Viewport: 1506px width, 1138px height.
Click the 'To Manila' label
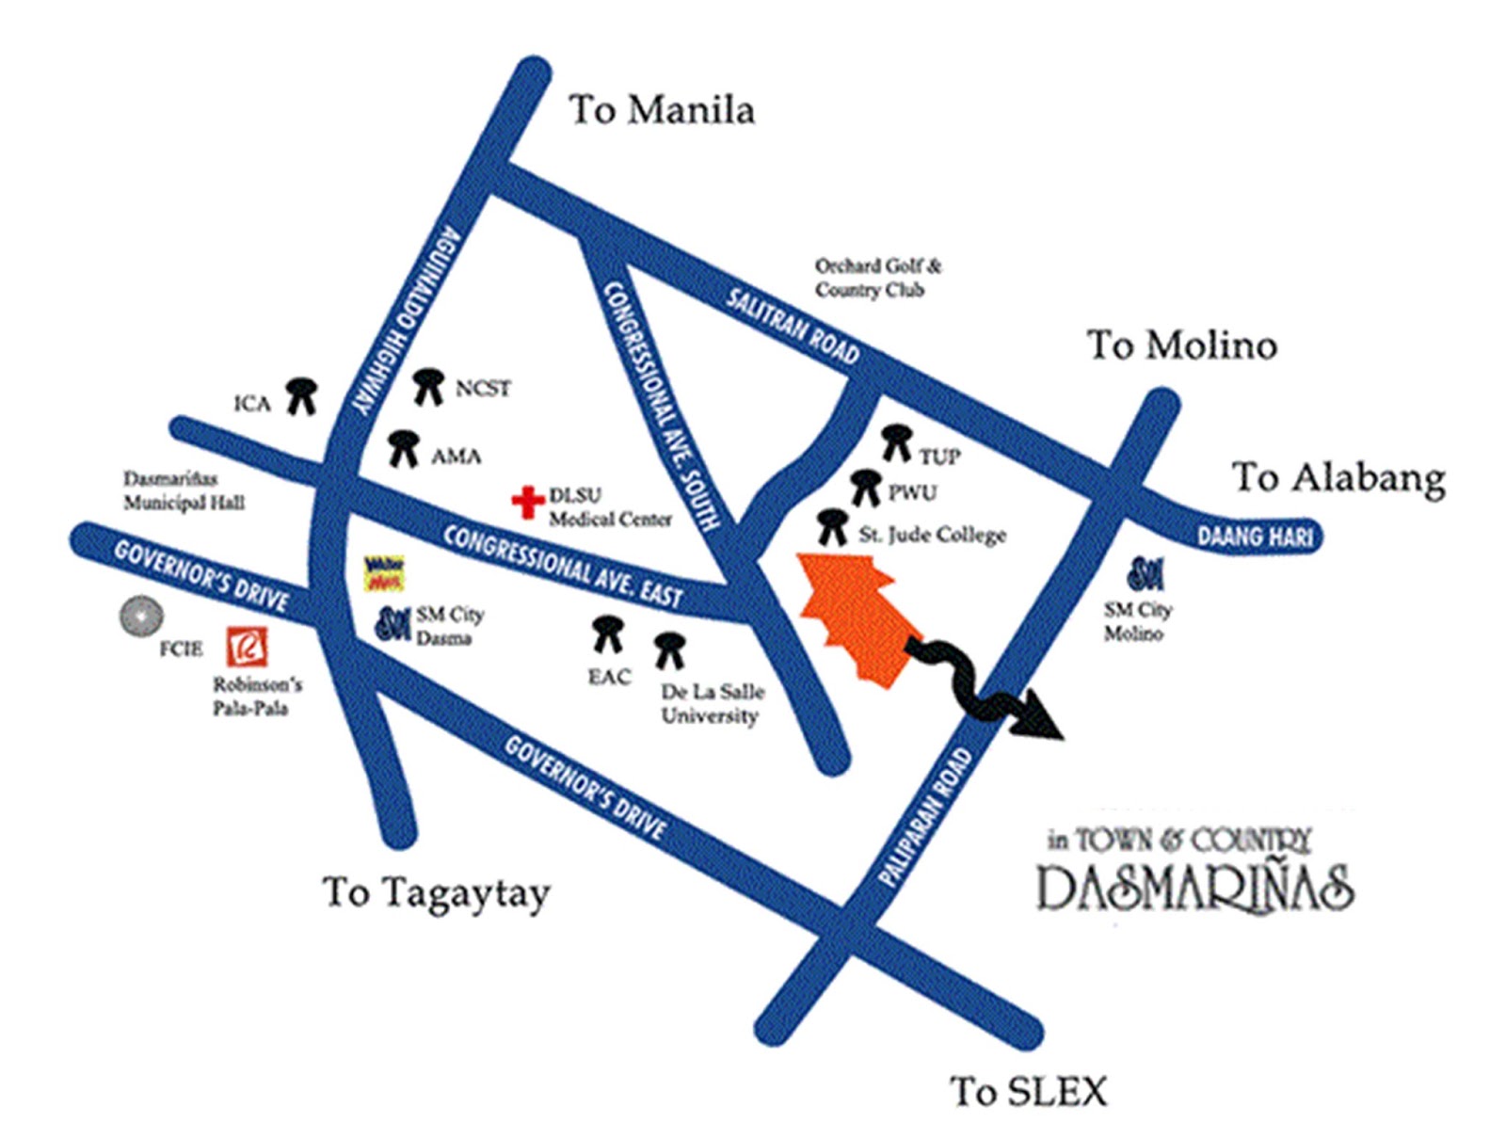tap(661, 110)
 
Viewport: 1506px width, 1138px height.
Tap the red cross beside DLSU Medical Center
tap(527, 502)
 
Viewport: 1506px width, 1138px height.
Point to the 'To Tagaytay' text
tap(435, 892)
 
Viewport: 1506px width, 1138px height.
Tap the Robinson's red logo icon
tap(247, 647)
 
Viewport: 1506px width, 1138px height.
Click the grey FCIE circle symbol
tap(141, 617)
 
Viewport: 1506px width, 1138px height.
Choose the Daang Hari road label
tap(1254, 537)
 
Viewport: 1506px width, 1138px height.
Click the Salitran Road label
tap(793, 326)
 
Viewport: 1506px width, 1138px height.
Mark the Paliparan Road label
tap(923, 817)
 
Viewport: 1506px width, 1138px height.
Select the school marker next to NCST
tap(428, 386)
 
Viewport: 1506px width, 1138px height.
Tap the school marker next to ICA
tap(301, 395)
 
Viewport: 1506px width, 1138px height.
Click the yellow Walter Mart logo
tap(384, 572)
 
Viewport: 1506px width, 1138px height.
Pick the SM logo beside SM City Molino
tap(1146, 572)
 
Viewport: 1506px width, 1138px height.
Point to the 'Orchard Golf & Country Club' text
tap(877, 278)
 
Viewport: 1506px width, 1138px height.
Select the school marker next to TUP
tap(896, 442)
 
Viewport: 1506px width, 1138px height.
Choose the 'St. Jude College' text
tap(932, 535)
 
